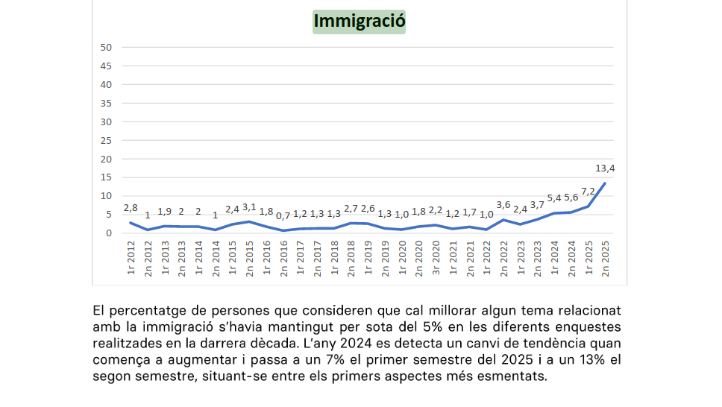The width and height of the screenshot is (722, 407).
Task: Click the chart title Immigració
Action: pyautogui.click(x=359, y=21)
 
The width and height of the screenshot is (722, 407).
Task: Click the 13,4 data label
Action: pyautogui.click(x=605, y=168)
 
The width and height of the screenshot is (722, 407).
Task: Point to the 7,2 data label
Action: pyautogui.click(x=588, y=192)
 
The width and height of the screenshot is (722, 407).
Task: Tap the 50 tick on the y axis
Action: pyautogui.click(x=106, y=47)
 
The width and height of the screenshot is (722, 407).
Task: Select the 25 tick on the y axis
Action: pyautogui.click(x=106, y=140)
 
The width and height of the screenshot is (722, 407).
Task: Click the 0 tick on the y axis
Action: pyautogui.click(x=109, y=233)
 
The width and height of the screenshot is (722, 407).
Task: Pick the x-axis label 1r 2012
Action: pyautogui.click(x=131, y=258)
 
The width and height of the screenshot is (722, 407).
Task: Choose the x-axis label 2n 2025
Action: pyautogui.click(x=605, y=258)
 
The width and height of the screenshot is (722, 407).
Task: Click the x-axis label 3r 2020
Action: pyautogui.click(x=436, y=258)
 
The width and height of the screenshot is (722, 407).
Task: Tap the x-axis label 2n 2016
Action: pyautogui.click(x=283, y=258)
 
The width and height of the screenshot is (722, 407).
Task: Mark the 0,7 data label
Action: pyautogui.click(x=283, y=216)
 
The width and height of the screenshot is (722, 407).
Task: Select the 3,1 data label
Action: pyautogui.click(x=249, y=207)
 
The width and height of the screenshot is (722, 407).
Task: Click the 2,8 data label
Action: pyautogui.click(x=131, y=208)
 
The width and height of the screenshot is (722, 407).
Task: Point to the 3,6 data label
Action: pyautogui.click(x=503, y=205)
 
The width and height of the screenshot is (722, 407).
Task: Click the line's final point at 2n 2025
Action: pyautogui.click(x=604, y=183)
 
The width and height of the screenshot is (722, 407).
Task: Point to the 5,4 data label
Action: pyautogui.click(x=554, y=198)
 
